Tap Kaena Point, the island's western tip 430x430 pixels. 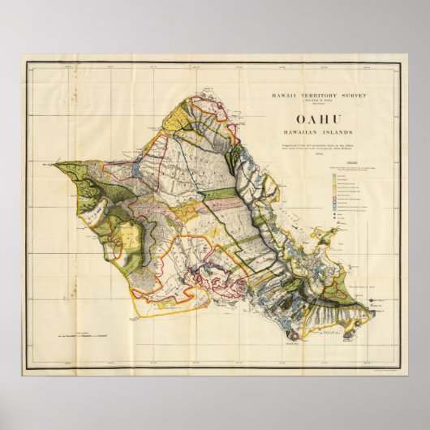coord(58,166)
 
